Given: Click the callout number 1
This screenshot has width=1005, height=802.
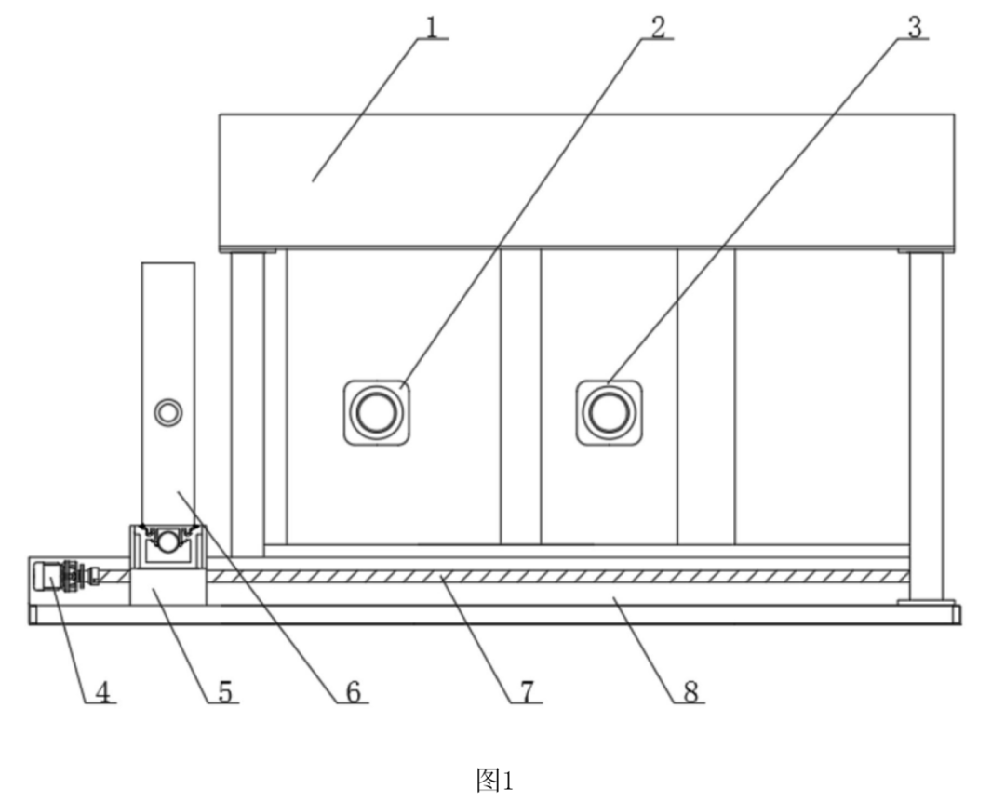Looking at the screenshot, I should click(x=431, y=25).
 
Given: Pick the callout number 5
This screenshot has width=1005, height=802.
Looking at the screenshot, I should click(x=224, y=691).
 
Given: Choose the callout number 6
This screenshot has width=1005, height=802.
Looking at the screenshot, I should click(x=354, y=691).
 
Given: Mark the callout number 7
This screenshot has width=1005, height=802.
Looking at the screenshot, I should click(x=527, y=691).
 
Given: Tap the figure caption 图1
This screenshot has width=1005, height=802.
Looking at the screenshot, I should click(x=494, y=780).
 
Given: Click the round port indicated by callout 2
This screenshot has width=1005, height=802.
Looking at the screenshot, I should click(x=376, y=411).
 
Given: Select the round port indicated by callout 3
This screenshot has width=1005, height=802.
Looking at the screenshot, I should click(x=608, y=411).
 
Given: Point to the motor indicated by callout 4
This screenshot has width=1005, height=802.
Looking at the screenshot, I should click(x=50, y=577).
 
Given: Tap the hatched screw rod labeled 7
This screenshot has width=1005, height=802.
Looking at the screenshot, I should click(x=558, y=577).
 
